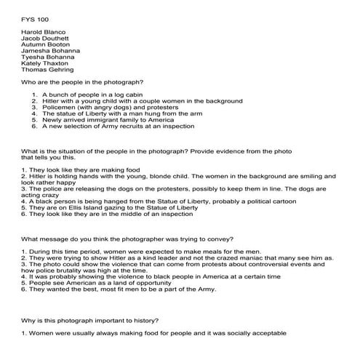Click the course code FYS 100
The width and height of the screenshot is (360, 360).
(34, 15)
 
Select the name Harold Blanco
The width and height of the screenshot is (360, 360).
(44, 32)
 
